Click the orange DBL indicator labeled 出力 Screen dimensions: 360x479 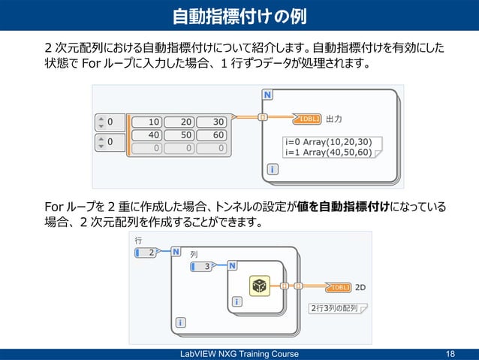pos(308,118)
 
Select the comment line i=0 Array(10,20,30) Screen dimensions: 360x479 pos(328,141)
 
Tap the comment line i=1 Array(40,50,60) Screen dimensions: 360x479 pos(328,152)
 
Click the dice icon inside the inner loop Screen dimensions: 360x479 pos(259,286)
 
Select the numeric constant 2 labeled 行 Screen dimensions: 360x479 pos(146,253)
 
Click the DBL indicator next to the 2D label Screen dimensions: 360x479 pos(338,287)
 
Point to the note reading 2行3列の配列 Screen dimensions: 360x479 pos(336,308)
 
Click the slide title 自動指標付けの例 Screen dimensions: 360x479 pos(239,16)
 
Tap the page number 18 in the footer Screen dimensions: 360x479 pos(450,354)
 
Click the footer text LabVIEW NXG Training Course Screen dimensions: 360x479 pos(239,354)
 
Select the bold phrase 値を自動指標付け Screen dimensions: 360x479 pos(342,207)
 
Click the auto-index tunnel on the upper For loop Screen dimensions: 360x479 pos(263,117)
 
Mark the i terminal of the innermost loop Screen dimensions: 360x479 pos(237,302)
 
